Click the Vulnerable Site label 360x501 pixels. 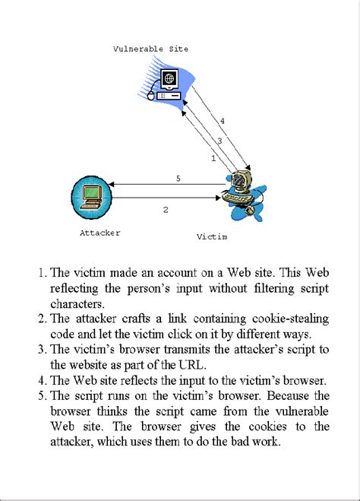click(x=150, y=49)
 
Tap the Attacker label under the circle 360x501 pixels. click(x=99, y=233)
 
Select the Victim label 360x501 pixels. click(x=212, y=236)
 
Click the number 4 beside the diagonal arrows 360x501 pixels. click(x=222, y=121)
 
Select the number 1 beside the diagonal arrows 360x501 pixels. click(x=213, y=159)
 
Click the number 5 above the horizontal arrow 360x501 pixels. click(x=178, y=179)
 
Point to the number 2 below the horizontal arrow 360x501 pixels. click(x=166, y=209)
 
